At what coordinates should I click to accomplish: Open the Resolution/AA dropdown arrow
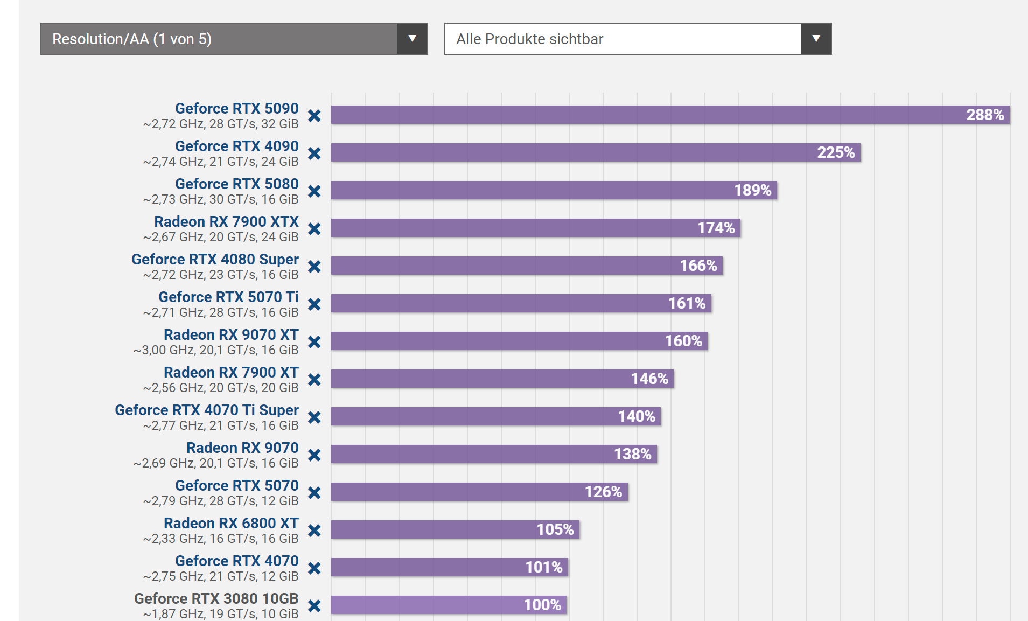tap(412, 39)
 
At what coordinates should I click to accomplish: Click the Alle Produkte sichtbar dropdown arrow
tap(816, 39)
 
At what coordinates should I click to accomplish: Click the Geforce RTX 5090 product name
tap(236, 109)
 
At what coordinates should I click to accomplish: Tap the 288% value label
tap(985, 115)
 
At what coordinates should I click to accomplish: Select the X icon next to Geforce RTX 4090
tap(314, 153)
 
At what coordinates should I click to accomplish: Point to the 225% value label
tap(836, 152)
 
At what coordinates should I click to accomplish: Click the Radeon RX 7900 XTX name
tap(226, 222)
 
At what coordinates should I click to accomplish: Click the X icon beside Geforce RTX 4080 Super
tap(314, 267)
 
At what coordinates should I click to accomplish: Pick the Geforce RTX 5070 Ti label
tap(228, 297)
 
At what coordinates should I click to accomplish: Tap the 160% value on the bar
tap(683, 341)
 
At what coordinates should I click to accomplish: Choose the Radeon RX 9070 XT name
tap(231, 335)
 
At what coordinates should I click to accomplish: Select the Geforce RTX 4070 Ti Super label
tap(207, 410)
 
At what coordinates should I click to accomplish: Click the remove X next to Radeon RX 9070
tap(314, 455)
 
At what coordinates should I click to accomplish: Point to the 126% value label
tap(603, 492)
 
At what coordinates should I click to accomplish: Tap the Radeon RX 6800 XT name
tap(231, 524)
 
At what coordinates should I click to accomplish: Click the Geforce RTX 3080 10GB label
tap(216, 599)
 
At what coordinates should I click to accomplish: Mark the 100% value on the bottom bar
tap(542, 605)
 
